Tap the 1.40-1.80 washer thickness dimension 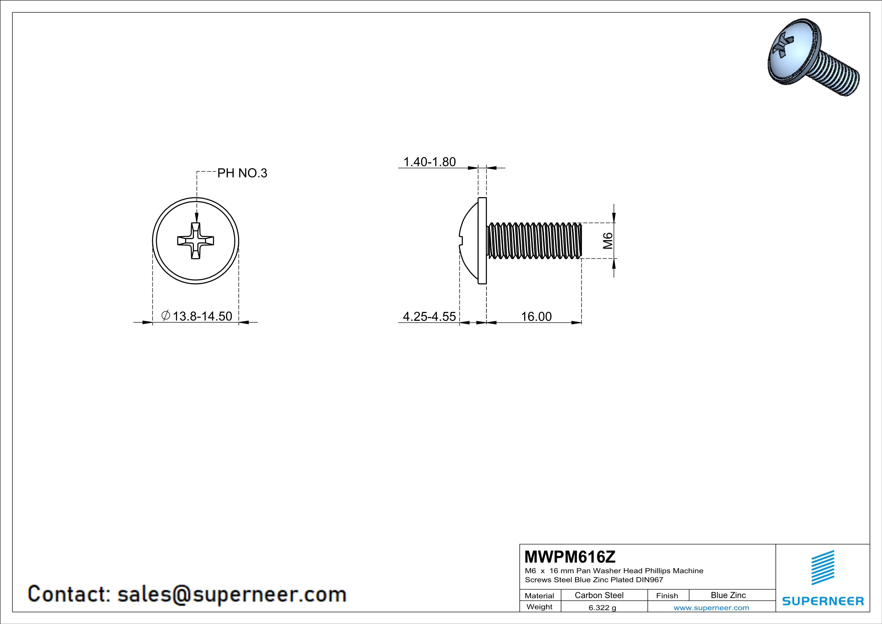point(430,162)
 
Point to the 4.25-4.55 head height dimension point(429,317)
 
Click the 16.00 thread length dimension point(536,317)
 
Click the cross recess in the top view point(195,241)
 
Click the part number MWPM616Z point(570,556)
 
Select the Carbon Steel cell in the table point(599,595)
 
